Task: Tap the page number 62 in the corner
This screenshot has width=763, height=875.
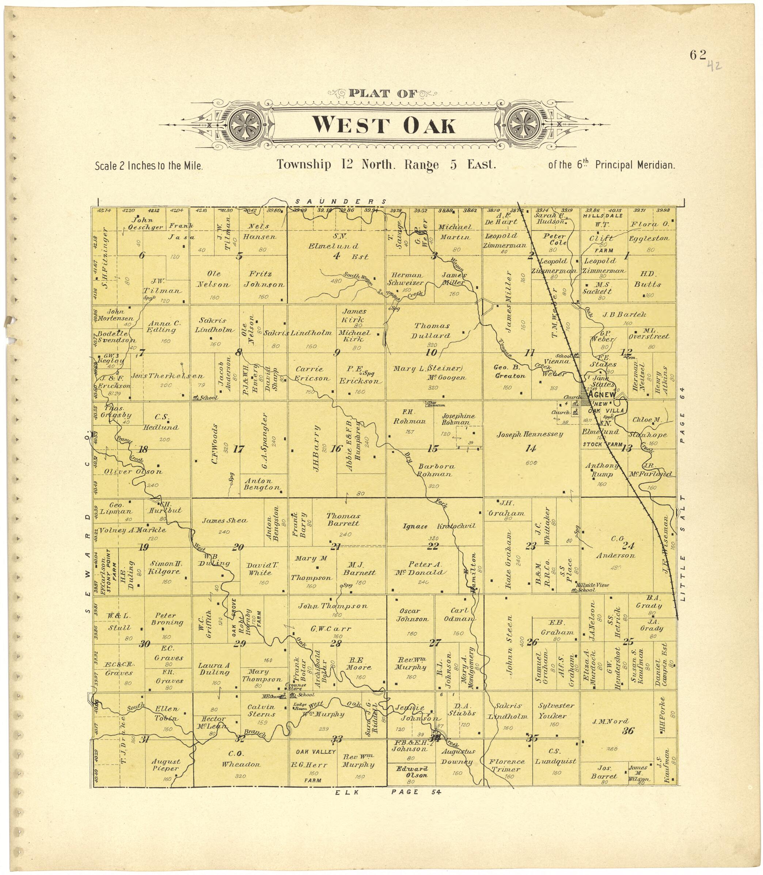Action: point(698,55)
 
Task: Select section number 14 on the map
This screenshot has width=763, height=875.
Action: point(531,448)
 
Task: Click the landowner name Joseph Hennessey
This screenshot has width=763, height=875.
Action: point(529,434)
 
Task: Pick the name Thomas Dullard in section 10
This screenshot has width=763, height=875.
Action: point(432,330)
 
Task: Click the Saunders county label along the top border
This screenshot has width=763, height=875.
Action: point(341,201)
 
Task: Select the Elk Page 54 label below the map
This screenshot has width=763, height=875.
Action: point(387,792)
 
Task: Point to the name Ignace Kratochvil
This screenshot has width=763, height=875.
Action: point(439,526)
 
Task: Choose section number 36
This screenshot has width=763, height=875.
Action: point(628,731)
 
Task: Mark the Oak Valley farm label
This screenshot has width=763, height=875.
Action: point(315,752)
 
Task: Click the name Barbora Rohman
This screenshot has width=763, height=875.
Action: point(436,470)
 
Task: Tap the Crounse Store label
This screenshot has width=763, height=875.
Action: point(295,686)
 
